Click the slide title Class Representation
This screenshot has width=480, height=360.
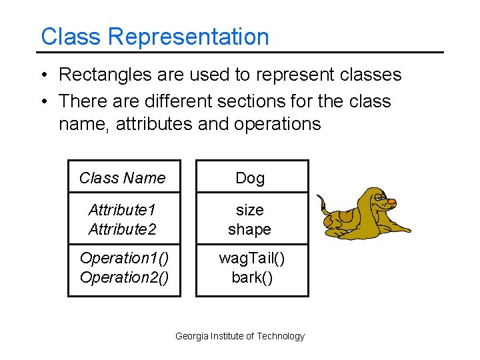[x=155, y=37]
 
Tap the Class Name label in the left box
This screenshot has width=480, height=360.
[x=122, y=178]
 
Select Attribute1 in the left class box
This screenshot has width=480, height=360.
[x=122, y=210]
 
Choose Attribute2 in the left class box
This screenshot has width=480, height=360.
[x=122, y=229]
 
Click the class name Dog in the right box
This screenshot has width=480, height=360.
[x=250, y=178]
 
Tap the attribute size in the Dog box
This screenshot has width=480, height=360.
[x=250, y=210]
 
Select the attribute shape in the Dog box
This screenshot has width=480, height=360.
[x=250, y=229]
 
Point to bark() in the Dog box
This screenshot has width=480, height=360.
[x=251, y=277]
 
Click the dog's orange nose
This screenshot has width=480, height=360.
[x=392, y=201]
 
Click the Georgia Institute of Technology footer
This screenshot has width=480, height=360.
[x=239, y=337]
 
